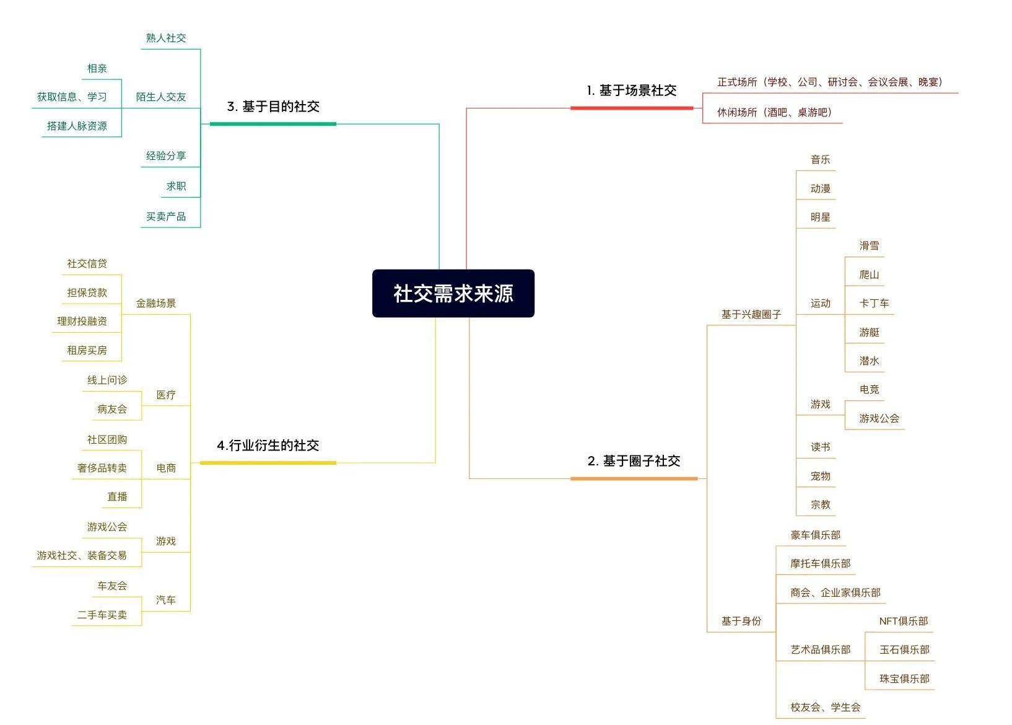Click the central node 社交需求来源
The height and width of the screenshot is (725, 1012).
click(x=453, y=293)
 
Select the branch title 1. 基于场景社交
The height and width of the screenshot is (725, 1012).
click(x=632, y=90)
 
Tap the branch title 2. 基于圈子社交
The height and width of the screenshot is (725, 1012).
click(x=634, y=461)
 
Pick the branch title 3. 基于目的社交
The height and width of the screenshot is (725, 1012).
click(x=273, y=107)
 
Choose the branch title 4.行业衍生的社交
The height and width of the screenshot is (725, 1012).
click(x=268, y=446)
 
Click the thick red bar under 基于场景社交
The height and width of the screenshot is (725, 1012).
click(x=632, y=108)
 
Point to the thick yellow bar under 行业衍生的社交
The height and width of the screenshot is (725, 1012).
click(x=268, y=463)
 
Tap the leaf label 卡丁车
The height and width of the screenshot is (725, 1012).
click(x=874, y=303)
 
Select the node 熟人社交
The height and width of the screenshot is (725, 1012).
click(x=166, y=38)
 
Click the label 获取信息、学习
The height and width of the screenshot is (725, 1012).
click(x=72, y=97)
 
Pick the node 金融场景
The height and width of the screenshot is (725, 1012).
click(x=156, y=303)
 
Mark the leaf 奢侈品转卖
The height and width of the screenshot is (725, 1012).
click(x=102, y=468)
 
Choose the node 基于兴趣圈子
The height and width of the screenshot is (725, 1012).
click(x=751, y=314)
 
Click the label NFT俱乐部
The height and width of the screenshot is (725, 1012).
click(x=904, y=621)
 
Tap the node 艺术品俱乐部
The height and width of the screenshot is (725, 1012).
click(x=821, y=649)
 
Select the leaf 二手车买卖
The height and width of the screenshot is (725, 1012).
click(x=102, y=615)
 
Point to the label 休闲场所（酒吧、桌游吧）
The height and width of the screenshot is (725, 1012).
click(x=774, y=112)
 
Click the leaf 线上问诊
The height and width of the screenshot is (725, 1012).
click(x=107, y=380)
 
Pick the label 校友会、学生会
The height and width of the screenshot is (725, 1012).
click(x=826, y=707)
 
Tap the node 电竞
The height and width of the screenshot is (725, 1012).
click(x=869, y=389)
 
